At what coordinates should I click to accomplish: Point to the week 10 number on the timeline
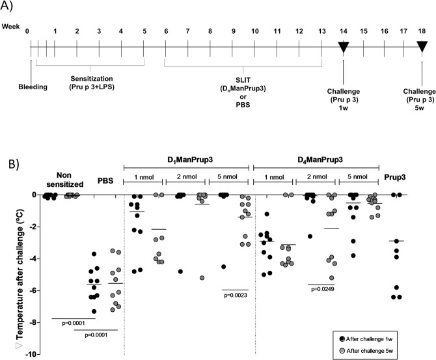click(x=254, y=30)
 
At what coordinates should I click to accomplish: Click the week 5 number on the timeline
click(x=144, y=30)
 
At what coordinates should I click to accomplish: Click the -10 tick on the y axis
click(x=23, y=354)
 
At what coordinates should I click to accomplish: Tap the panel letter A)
click(x=8, y=7)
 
